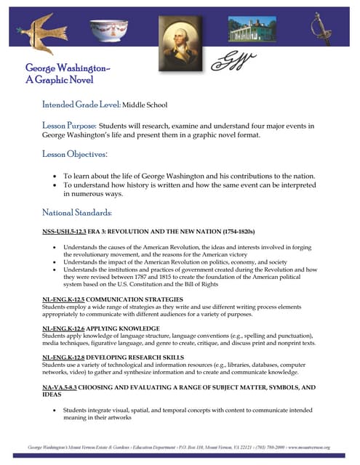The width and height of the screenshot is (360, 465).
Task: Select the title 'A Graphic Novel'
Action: (x=54, y=79)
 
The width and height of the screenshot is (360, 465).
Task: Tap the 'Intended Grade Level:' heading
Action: (x=81, y=105)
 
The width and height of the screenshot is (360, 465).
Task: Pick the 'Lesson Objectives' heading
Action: (x=75, y=154)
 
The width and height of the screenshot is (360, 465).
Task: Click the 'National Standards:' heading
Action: (x=77, y=213)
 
